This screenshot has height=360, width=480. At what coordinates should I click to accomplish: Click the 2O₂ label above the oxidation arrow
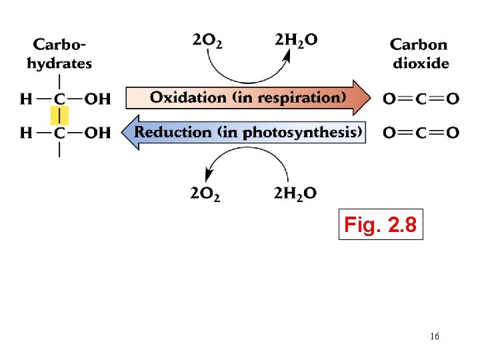207,40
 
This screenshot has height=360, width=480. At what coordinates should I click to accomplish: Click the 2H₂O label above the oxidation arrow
296,40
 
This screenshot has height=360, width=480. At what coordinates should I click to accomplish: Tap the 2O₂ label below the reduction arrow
206,194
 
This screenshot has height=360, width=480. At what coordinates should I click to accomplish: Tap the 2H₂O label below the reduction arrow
295,194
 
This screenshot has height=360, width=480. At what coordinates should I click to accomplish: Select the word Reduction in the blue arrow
173,131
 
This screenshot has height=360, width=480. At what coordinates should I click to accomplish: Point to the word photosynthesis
301,132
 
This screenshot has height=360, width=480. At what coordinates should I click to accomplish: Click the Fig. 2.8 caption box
381,225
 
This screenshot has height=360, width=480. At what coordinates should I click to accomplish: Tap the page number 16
434,337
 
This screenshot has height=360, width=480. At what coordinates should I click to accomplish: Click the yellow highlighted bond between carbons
60,116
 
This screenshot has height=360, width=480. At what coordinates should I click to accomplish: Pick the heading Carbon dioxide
419,54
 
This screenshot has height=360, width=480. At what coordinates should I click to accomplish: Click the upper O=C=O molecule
421,99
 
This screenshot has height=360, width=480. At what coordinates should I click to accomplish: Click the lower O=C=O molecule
421,133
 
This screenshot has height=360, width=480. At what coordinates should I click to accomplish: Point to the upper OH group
98,99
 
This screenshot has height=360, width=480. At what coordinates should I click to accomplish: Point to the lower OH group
98,133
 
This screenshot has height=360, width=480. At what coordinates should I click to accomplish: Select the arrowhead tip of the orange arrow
370,97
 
